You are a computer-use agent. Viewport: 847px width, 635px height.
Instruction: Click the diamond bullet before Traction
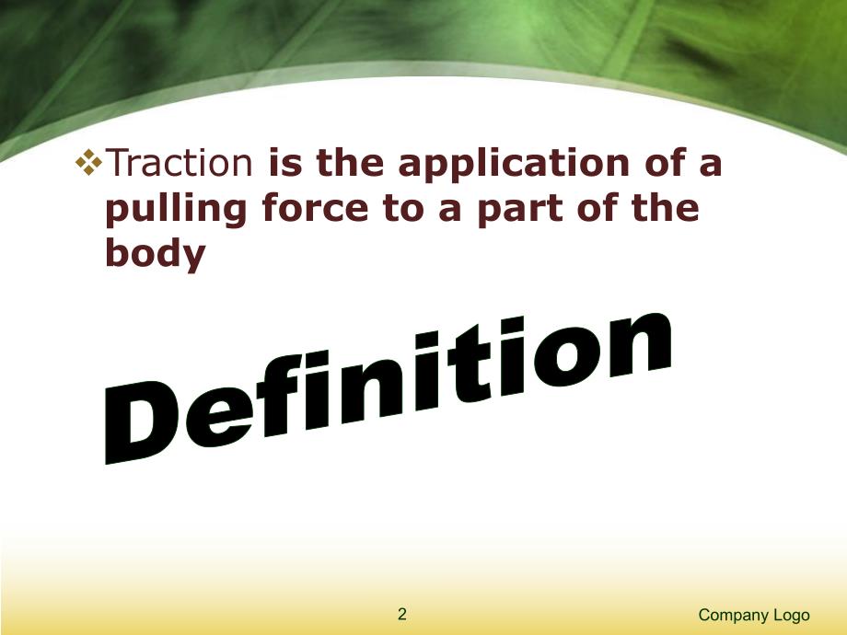pos(89,164)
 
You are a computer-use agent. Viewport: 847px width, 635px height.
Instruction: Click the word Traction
pos(180,165)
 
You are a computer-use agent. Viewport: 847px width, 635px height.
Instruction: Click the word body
pos(155,255)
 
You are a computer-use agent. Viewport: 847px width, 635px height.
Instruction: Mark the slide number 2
pos(401,615)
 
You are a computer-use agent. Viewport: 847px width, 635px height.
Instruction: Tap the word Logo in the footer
pos(794,615)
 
